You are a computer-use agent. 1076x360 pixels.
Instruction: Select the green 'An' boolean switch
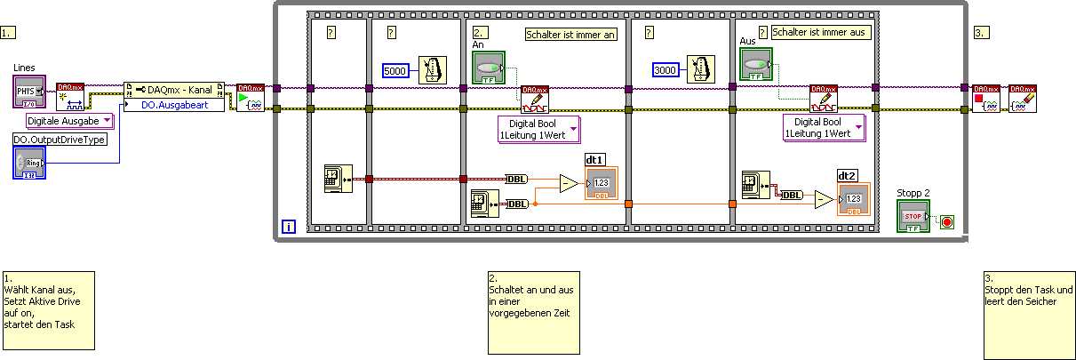487,68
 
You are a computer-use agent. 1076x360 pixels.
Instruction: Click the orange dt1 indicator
602,183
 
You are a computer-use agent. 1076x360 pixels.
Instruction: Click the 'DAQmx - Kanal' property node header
174,90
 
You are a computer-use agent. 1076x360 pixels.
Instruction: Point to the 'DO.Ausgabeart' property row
174,105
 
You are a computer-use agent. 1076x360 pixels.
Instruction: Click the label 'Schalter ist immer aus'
820,32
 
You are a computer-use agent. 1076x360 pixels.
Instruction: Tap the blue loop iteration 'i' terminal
289,228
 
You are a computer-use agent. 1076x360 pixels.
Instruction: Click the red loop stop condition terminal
947,222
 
